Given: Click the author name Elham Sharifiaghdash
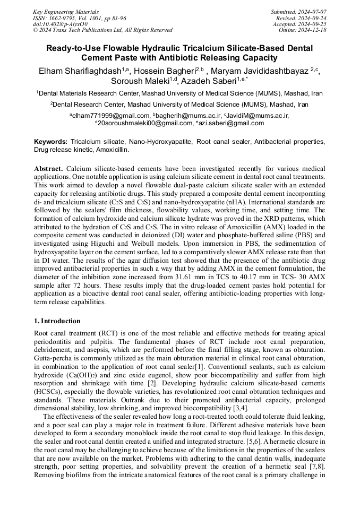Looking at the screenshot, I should click(x=80, y=71).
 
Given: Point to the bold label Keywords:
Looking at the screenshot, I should click(x=51, y=142).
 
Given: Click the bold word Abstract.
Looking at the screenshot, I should click(x=48, y=168).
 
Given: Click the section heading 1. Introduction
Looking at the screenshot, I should click(x=57, y=321).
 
